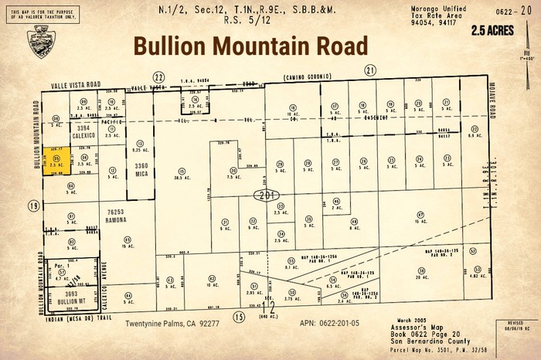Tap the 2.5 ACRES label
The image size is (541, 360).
490,32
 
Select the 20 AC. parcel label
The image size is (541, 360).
422,277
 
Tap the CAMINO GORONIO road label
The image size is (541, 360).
307,77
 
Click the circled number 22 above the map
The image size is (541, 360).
159,77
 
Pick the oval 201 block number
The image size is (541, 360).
267,194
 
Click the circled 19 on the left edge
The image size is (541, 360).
33,206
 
